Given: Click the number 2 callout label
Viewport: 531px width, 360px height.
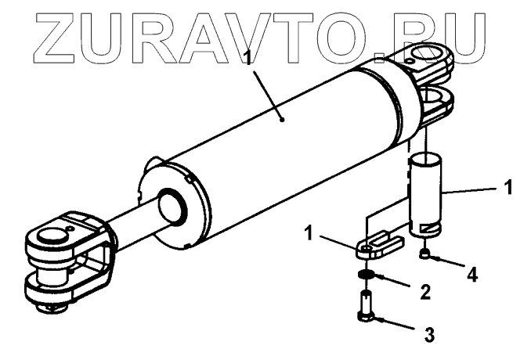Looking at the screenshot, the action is click(x=424, y=293).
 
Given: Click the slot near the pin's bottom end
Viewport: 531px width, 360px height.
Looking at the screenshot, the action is click(x=428, y=228).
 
